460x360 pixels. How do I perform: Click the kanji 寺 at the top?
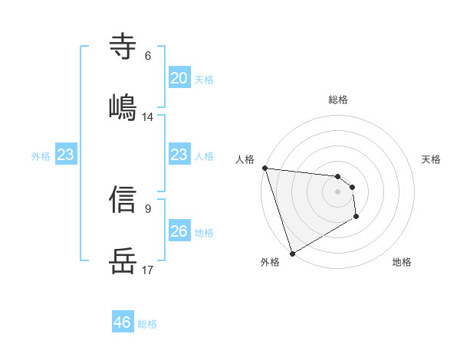(123, 47)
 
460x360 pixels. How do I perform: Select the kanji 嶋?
(123, 106)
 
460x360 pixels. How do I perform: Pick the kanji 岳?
(123, 260)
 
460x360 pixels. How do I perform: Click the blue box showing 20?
(179, 78)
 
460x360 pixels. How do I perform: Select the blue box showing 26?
(179, 231)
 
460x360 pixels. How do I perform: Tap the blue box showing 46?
(123, 322)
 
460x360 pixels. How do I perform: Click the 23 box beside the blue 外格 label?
(66, 155)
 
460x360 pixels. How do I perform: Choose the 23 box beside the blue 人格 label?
(179, 155)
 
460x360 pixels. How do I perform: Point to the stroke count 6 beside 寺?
(148, 56)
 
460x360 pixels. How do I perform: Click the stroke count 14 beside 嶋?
(148, 116)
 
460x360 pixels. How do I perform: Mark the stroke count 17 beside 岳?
(148, 270)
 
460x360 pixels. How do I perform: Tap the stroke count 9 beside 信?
(148, 208)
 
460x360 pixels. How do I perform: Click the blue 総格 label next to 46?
(147, 324)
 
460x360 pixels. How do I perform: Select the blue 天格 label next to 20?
(204, 79)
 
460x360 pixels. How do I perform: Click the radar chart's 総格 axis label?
(338, 100)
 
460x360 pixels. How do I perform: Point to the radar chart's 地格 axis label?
(402, 262)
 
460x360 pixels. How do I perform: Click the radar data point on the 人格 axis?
(264, 168)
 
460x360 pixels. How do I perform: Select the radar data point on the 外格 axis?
(292, 253)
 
